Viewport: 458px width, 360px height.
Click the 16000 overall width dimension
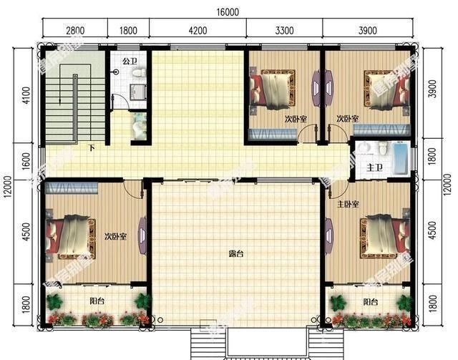230,12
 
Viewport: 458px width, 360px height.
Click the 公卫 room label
130,62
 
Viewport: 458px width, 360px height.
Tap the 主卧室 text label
348,204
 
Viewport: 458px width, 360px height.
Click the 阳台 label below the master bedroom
370,301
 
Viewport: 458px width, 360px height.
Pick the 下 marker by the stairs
92,149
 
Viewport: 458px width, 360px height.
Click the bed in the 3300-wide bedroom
273,91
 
